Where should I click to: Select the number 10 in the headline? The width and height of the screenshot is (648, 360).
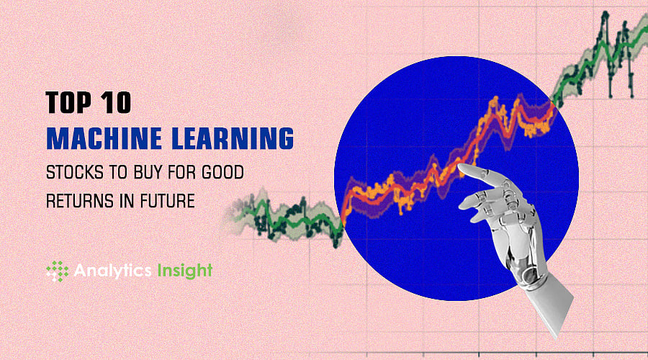point(115,102)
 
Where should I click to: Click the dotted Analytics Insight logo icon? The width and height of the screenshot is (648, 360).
point(57,271)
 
